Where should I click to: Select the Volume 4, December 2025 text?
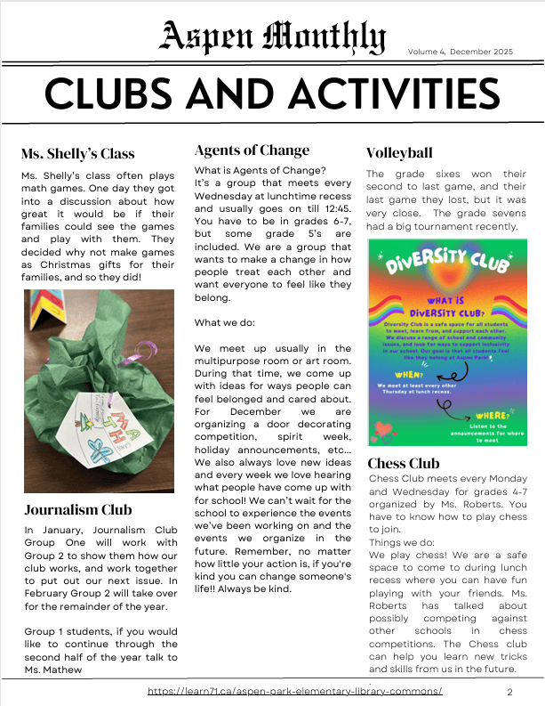[x=461, y=52]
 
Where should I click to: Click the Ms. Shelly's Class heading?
[x=78, y=154]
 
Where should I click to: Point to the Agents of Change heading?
[x=252, y=150]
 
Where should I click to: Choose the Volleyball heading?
[x=400, y=152]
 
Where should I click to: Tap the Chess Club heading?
[x=404, y=464]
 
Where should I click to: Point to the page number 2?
[x=509, y=692]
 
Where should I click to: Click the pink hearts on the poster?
[x=382, y=431]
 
